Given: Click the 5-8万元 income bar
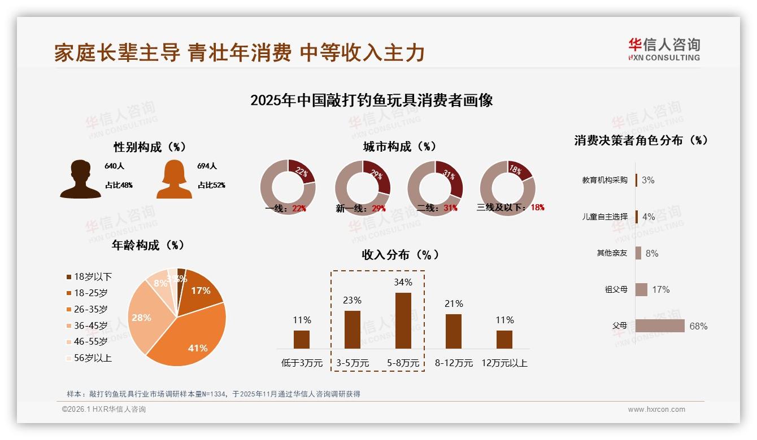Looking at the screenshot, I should pyautogui.click(x=403, y=320).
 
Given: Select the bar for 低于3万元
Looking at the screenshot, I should pyautogui.click(x=302, y=340).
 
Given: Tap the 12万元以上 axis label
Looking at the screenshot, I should pyautogui.click(x=504, y=363).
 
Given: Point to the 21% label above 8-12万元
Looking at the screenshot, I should pyautogui.click(x=454, y=304).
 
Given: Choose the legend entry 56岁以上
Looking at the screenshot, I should pyautogui.click(x=89, y=358).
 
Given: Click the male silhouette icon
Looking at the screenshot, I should pyautogui.click(x=80, y=179).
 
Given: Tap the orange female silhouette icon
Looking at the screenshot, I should pyautogui.click(x=174, y=179).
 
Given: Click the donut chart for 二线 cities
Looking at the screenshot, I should pyautogui.click(x=435, y=188).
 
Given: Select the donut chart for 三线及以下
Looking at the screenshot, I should pyautogui.click(x=507, y=188).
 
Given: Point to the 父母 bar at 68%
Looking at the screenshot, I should pyautogui.click(x=660, y=326).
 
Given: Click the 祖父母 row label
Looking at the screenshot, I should pyautogui.click(x=616, y=289).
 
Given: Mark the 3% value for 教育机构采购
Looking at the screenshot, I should pyautogui.click(x=648, y=180).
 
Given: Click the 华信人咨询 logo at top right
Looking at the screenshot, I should pyautogui.click(x=664, y=50).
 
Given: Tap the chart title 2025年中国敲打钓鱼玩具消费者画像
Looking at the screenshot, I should pyautogui.click(x=371, y=100).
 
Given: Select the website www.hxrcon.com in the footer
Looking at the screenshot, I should pyautogui.click(x=656, y=410).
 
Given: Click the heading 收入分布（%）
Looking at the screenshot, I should pyautogui.click(x=400, y=254).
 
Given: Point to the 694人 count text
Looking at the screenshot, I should pyautogui.click(x=207, y=166).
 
